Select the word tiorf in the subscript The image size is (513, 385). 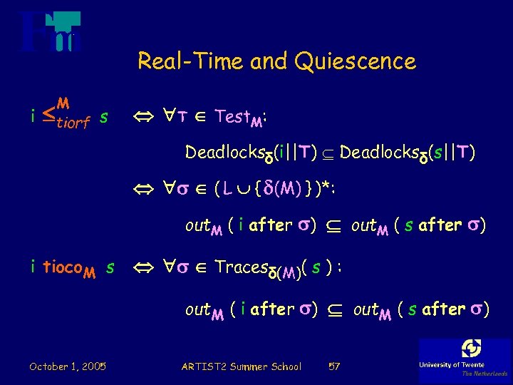[x=70, y=123]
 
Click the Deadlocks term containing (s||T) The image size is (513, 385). [x=408, y=153]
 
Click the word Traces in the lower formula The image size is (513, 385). [x=242, y=267]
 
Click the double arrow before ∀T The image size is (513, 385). [x=143, y=117]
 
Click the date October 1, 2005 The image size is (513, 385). [x=68, y=366]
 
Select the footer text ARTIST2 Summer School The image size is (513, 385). [x=242, y=366]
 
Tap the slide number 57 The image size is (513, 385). [x=333, y=366]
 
